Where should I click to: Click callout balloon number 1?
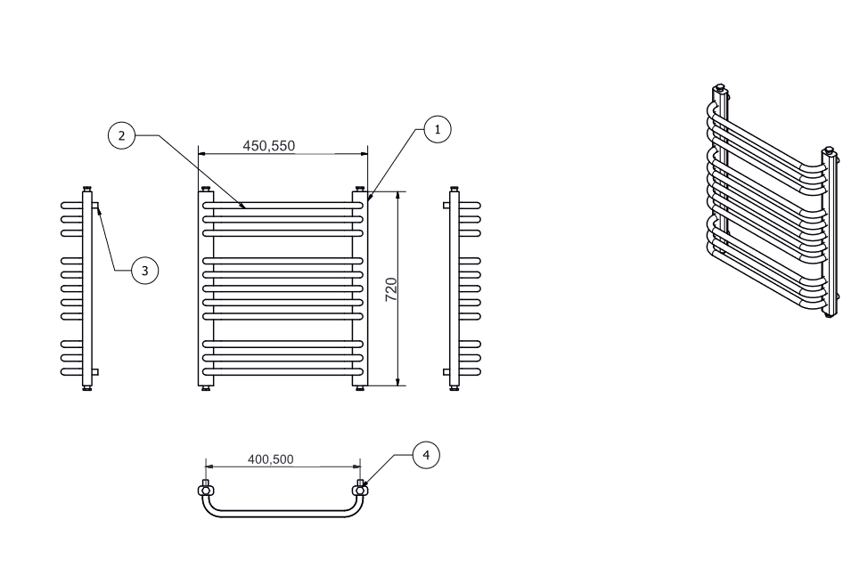point(438,129)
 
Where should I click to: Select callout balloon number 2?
point(121,135)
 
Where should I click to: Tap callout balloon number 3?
point(145,271)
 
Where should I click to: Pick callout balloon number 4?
point(426,455)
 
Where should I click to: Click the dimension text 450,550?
point(269,145)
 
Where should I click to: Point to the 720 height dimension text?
point(391,289)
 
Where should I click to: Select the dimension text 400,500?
point(271,459)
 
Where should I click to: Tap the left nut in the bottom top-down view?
point(206,490)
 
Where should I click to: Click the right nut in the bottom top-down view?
point(360,490)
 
